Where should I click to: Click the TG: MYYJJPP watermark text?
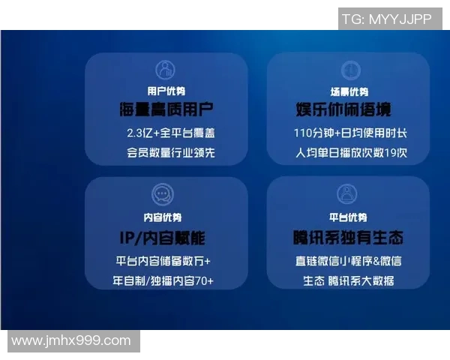coord(386,19)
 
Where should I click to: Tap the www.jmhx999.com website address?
coord(71,340)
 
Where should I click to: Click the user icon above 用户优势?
coord(165,70)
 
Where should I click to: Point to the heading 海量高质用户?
coord(165,110)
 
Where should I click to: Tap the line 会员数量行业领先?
coord(165,154)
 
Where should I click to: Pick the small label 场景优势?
coord(349,91)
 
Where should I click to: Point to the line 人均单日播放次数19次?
coord(349,154)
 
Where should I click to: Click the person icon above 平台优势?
coord(348,196)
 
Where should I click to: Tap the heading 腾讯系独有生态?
coord(348,238)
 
